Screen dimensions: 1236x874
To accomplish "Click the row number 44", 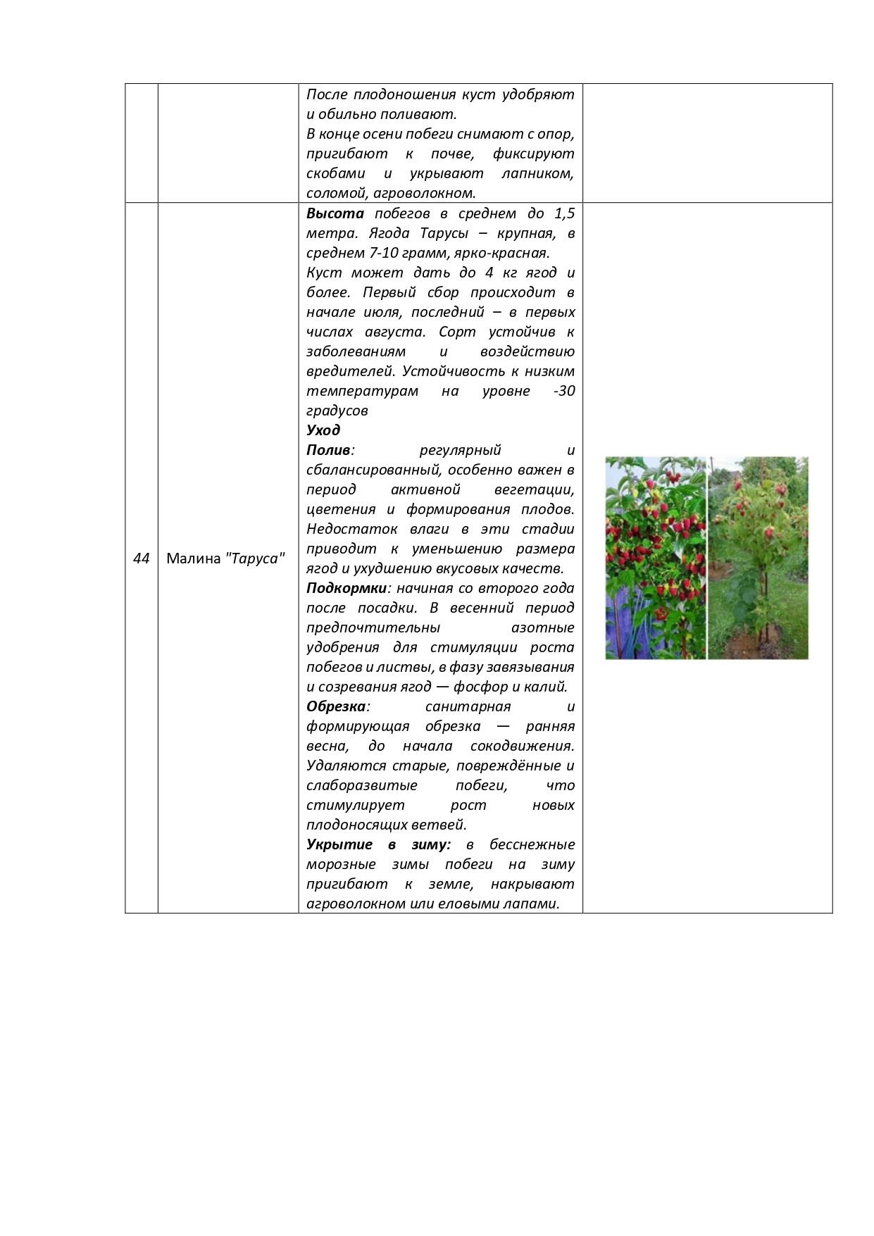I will pyautogui.click(x=141, y=558).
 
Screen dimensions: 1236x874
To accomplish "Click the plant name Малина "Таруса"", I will pyautogui.click(x=225, y=558).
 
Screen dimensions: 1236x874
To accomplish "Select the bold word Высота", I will pyautogui.click(x=335, y=213).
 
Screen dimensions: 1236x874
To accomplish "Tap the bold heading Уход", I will pyautogui.click(x=323, y=430).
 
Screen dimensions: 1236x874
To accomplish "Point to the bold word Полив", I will pyautogui.click(x=328, y=450).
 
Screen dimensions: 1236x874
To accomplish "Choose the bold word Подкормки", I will pyautogui.click(x=347, y=588).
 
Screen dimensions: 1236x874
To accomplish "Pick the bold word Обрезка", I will pyautogui.click(x=336, y=706).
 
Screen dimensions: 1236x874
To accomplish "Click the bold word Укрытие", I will pyautogui.click(x=339, y=844).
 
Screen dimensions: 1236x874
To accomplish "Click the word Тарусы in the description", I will pyautogui.click(x=444, y=233).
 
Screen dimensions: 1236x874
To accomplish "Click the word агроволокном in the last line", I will pyautogui.click(x=356, y=904).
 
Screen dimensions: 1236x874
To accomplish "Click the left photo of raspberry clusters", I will pyautogui.click(x=655, y=558).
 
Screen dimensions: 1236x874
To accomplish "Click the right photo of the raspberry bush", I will pyautogui.click(x=758, y=558).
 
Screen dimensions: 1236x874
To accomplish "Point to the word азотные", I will pyautogui.click(x=542, y=628).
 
